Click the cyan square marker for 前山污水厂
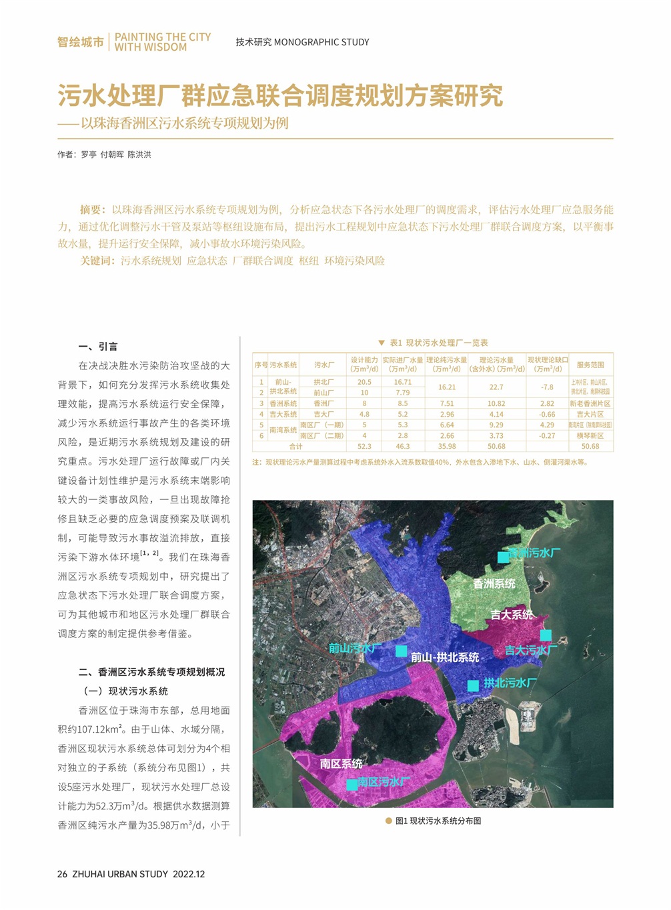(x=402, y=651)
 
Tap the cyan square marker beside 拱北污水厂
(x=473, y=685)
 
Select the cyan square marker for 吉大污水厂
(x=546, y=635)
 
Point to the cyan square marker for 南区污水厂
(x=352, y=785)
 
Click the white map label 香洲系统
(x=494, y=583)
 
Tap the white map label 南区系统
(x=341, y=763)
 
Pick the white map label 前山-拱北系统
(x=444, y=657)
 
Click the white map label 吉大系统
(x=512, y=614)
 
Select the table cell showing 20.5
(x=364, y=382)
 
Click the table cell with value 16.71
(x=403, y=382)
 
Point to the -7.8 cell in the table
(x=547, y=387)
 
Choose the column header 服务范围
(x=590, y=365)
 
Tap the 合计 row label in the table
(x=295, y=446)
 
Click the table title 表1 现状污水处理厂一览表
(x=438, y=343)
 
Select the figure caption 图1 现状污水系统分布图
(x=438, y=821)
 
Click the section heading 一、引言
(x=98, y=347)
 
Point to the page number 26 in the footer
(x=62, y=874)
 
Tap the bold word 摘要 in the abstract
(x=92, y=209)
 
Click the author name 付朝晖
(x=112, y=155)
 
